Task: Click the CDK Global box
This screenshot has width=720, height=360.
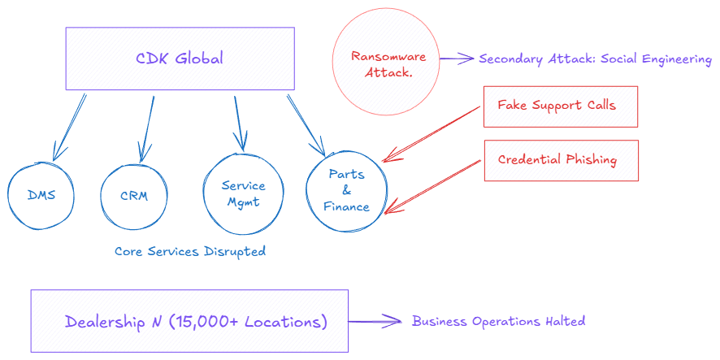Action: point(180,59)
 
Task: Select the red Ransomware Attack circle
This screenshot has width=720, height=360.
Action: point(382,64)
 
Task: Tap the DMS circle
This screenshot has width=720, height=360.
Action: point(41,195)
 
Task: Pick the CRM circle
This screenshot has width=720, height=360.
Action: point(134,196)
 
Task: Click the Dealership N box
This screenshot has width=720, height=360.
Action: point(189,321)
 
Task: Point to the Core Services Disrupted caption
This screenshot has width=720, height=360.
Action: point(189,252)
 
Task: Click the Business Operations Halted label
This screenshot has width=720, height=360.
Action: point(498,321)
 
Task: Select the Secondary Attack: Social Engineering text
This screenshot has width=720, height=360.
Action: point(595,59)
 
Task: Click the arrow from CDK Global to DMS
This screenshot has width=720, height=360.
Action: point(70,126)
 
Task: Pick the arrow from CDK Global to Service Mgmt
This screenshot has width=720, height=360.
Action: point(238,122)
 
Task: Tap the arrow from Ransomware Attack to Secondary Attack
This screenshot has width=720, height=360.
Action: point(457,59)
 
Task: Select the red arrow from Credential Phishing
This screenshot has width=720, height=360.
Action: point(432,186)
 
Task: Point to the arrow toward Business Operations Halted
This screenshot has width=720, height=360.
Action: point(376,321)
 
